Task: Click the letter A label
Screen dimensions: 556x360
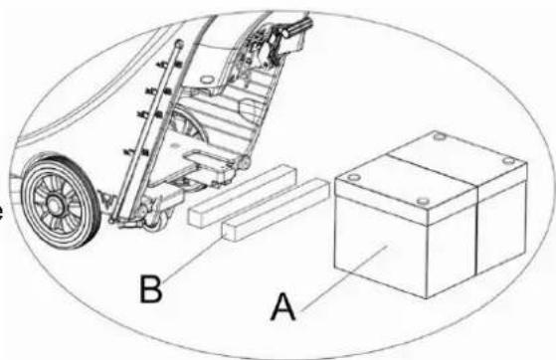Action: [282, 307]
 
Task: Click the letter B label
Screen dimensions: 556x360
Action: [151, 289]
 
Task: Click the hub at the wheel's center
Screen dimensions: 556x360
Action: [55, 205]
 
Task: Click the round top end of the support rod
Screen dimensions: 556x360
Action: [179, 44]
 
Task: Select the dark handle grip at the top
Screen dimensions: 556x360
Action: [299, 27]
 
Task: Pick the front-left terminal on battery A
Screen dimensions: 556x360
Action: [354, 177]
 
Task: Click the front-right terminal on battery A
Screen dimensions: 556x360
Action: [423, 202]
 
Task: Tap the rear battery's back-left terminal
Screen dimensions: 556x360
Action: [440, 136]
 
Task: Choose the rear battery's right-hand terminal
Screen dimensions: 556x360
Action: [509, 161]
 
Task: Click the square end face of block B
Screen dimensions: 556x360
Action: [229, 233]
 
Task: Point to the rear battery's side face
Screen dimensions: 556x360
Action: [501, 227]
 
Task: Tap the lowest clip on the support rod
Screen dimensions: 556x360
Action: [136, 152]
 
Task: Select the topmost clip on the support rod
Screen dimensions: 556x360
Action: [171, 65]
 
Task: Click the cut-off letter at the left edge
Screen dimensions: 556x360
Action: [1, 212]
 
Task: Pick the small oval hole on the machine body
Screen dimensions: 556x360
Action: [174, 145]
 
